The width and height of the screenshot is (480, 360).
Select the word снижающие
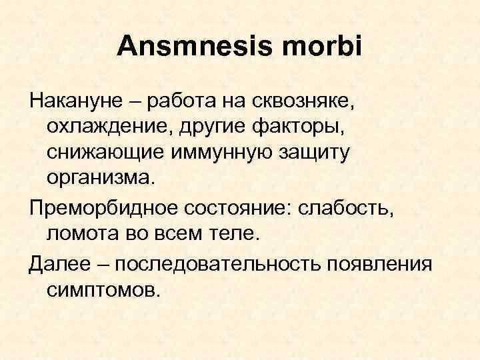(99, 153)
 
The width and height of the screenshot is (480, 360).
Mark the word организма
(99, 178)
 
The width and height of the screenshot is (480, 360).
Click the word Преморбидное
(93, 211)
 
